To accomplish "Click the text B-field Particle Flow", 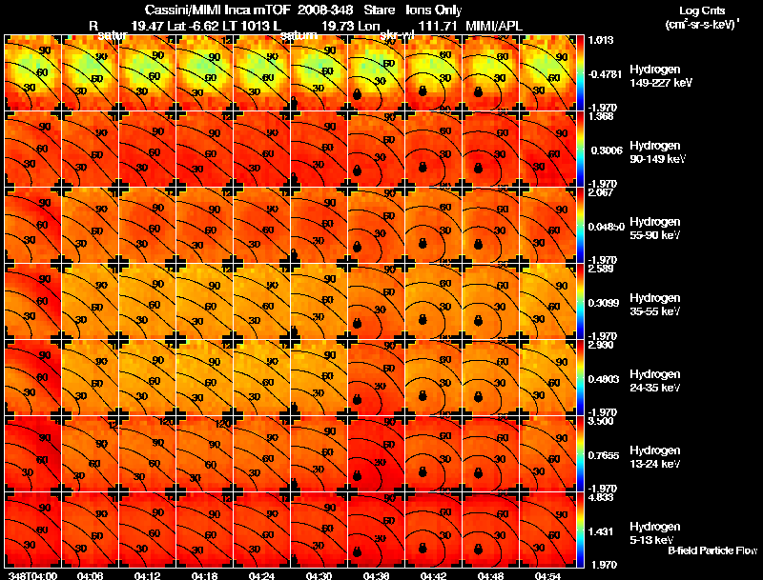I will pos(712,550).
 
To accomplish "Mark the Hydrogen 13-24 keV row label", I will pos(654,456).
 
